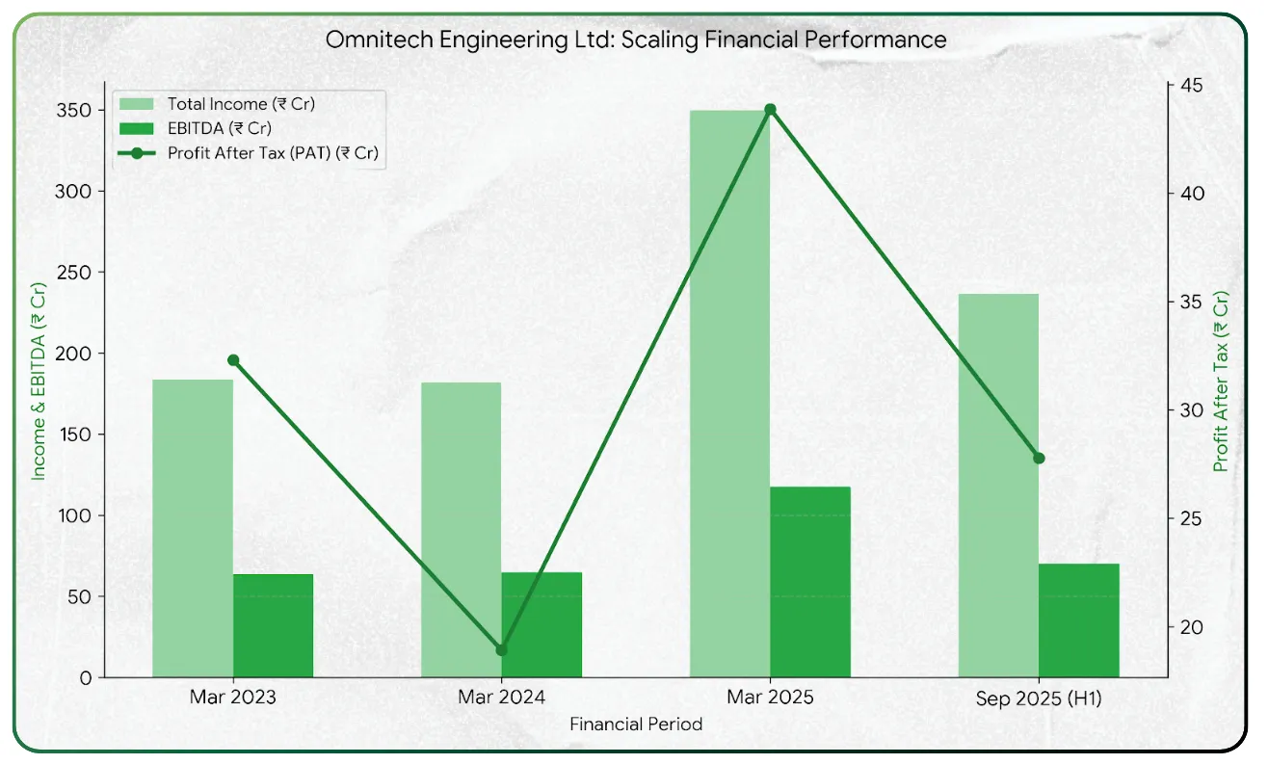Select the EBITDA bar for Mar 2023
(273, 625)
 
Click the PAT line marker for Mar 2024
(501, 650)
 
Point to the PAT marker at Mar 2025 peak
(770, 109)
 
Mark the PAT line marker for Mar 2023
(233, 360)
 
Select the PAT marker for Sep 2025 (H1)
(1039, 458)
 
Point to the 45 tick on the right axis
(1182, 85)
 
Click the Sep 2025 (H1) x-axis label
(1039, 699)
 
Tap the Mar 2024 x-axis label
(501, 698)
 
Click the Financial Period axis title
(635, 724)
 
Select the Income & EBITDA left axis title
(40, 382)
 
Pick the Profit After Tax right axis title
(1221, 382)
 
